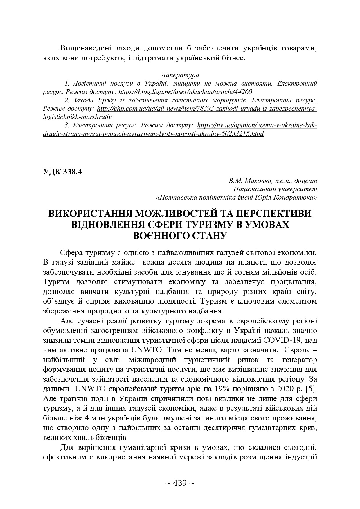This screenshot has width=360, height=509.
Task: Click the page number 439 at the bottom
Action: tap(180, 483)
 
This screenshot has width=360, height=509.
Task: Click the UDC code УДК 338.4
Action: tap(62, 172)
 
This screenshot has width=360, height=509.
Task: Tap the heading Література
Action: tap(180, 75)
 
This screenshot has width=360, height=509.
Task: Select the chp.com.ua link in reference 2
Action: tap(207, 109)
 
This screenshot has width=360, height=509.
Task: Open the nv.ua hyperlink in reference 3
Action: tap(257, 126)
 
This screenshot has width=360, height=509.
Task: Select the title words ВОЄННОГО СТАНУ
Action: tap(180, 235)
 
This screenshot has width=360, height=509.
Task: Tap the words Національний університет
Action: tap(275, 189)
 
